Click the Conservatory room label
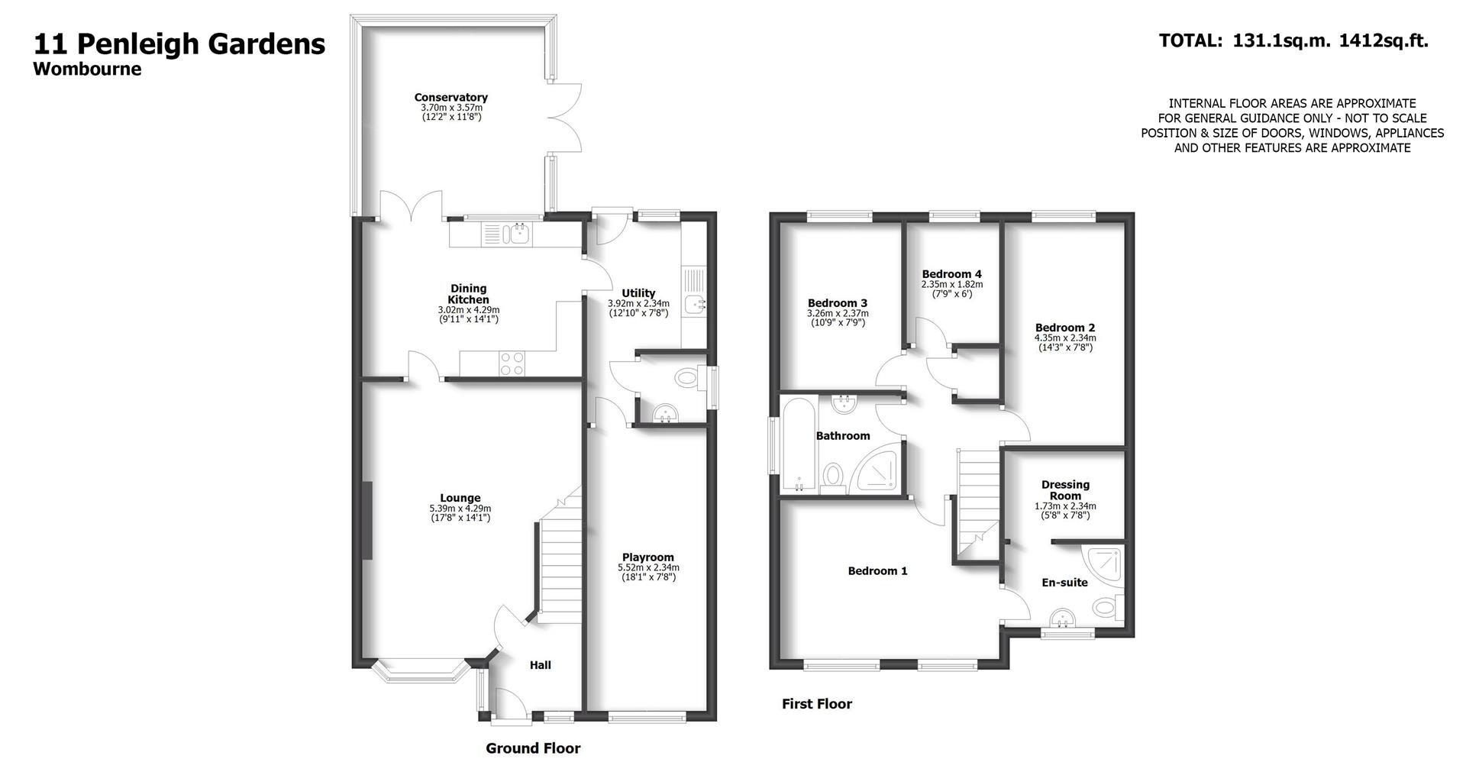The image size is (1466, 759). [x=450, y=98]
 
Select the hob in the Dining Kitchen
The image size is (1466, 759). [x=512, y=363]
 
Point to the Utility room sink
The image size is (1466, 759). [x=696, y=304]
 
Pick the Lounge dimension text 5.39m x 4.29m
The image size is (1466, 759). [x=460, y=509]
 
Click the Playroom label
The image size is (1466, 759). [x=647, y=557]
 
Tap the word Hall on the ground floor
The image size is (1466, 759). [x=540, y=665]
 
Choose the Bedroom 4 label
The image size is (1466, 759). [x=951, y=274]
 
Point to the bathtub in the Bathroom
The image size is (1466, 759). [x=798, y=445]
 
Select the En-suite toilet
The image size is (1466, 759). [x=1107, y=609]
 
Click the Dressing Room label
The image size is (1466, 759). [x=1065, y=489]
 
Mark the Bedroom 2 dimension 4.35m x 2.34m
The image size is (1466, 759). [x=1064, y=338]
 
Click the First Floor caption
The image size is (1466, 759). [x=816, y=704]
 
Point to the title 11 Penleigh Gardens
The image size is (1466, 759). [x=179, y=44]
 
